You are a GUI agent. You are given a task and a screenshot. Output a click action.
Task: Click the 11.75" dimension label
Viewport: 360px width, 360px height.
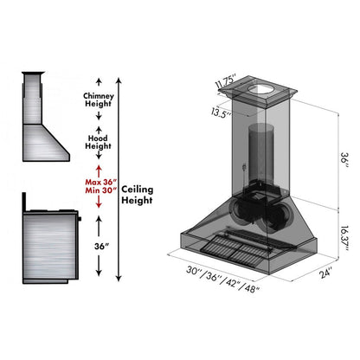tap(227, 85)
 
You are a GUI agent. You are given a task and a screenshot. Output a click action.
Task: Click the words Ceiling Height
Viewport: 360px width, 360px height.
tap(139, 196)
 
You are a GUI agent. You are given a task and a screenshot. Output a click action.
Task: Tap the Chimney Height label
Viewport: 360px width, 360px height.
tap(98, 101)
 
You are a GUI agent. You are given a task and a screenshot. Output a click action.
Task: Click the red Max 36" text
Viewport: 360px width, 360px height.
tap(98, 182)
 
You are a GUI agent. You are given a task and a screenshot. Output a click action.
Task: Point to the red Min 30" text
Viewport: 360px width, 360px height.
tap(98, 194)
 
